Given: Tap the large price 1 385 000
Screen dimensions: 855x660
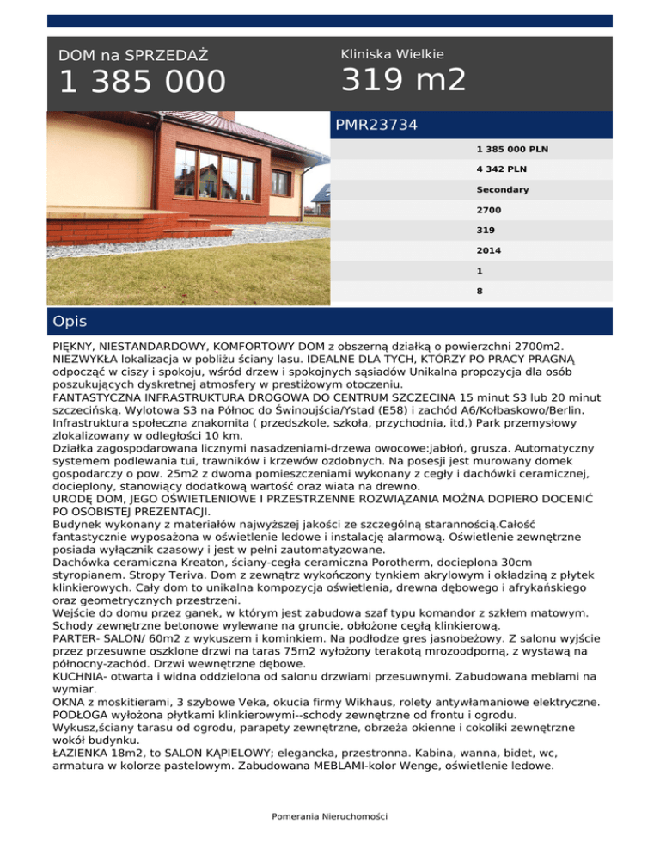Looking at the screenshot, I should coord(142,83).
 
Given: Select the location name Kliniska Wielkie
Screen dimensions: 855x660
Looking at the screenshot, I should coord(393,54).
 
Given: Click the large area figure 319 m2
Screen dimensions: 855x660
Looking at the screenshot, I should coord(404,81).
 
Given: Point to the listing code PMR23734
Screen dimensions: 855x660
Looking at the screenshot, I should coord(376,126).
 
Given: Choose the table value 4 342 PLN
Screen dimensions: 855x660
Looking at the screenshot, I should coord(503,169).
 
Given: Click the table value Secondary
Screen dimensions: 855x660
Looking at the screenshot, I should coord(503,189).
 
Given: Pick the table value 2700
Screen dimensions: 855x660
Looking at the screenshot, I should coord(489,210).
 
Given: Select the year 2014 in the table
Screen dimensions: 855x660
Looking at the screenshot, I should coord(489,250).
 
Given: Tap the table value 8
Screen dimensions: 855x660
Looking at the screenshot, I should coord(480,292).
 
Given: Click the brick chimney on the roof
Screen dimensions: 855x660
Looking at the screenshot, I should coord(227,115).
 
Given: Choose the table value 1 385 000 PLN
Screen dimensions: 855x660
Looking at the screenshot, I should coord(512,149).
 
